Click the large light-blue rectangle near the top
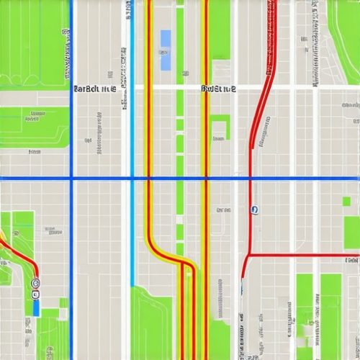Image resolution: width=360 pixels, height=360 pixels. tap(166, 50)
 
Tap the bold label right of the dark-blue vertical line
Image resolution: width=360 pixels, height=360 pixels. tap(94, 89)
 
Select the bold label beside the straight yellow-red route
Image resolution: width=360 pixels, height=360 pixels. tap(219, 89)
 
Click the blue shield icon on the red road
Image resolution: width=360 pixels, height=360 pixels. tap(254, 210)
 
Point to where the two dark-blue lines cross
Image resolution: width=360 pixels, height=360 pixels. tap(71, 178)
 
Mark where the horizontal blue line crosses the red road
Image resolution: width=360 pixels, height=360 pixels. tap(250, 178)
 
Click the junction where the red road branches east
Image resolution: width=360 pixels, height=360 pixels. tap(247, 254)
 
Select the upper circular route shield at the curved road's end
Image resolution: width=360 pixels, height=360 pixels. tap(36, 283)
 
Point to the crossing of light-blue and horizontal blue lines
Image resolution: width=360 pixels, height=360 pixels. tap(132, 178)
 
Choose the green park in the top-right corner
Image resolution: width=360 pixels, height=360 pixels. tap(346, 32)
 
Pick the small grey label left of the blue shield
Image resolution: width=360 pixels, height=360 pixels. tap(223, 210)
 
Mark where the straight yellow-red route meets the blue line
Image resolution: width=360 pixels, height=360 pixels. tap(207, 178)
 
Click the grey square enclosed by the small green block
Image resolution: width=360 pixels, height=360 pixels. tap(217, 130)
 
